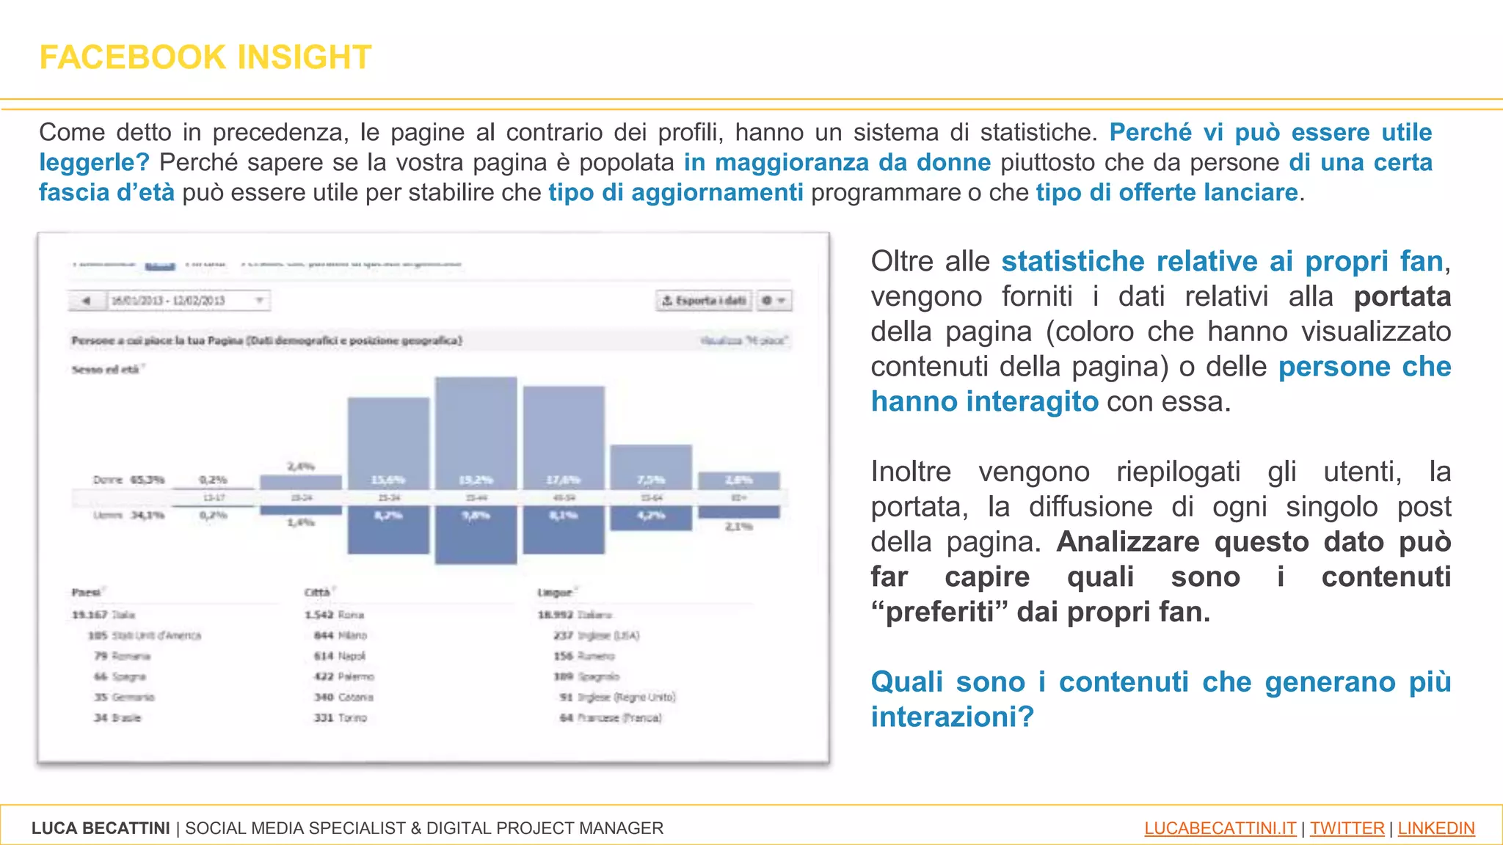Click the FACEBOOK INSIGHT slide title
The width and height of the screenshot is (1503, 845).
(x=205, y=57)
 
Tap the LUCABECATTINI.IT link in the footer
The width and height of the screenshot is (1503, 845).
(x=1220, y=828)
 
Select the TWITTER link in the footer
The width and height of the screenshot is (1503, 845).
(x=1347, y=828)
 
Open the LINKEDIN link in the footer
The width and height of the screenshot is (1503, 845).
(x=1435, y=828)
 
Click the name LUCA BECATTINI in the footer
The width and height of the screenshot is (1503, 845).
(x=101, y=828)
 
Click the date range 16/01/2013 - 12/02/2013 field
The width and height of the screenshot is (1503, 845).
(x=168, y=301)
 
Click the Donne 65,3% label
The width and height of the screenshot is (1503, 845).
(x=129, y=480)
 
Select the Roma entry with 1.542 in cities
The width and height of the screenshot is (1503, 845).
(x=335, y=615)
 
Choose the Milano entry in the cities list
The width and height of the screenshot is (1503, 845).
(x=341, y=635)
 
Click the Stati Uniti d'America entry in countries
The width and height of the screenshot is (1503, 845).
(x=145, y=635)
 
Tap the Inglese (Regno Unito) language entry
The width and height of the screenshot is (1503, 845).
(x=617, y=697)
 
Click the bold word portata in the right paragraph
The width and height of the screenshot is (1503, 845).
(x=1402, y=296)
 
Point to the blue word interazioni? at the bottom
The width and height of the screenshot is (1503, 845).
(x=952, y=717)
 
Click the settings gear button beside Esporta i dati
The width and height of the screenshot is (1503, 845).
(x=773, y=301)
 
